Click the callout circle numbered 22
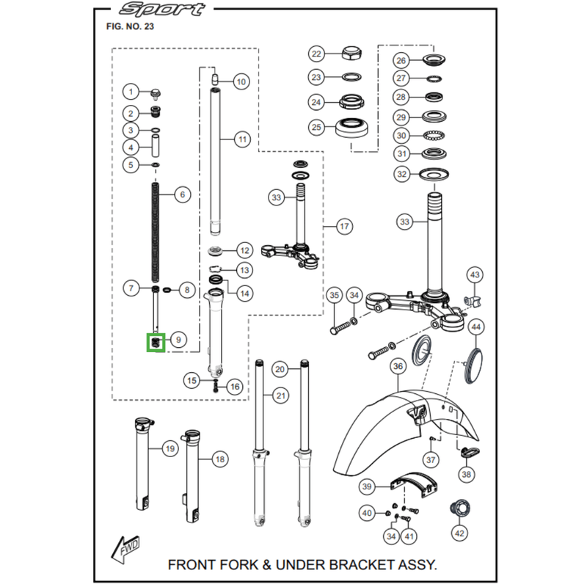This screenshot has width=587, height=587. click(316, 54)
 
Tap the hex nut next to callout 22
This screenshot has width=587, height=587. click(351, 54)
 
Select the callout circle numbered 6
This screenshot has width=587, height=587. click(182, 194)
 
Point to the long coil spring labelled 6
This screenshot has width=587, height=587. click(156, 232)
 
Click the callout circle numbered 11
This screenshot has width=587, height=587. click(243, 139)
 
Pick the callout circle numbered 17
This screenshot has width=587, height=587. click(344, 226)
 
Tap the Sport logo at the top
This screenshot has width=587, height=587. click(161, 9)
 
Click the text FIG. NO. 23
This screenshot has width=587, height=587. click(130, 26)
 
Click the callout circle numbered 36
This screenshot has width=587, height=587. click(398, 365)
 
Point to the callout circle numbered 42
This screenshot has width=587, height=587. click(459, 533)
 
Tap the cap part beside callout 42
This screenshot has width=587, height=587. click(460, 509)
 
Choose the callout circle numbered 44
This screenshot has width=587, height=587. click(475, 327)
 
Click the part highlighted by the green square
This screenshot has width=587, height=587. click(156, 343)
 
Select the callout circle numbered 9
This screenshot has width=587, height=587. click(178, 340)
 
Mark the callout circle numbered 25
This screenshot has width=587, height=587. click(316, 127)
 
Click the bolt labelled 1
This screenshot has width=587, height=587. click(155, 95)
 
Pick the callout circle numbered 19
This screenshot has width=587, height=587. click(170, 448)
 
